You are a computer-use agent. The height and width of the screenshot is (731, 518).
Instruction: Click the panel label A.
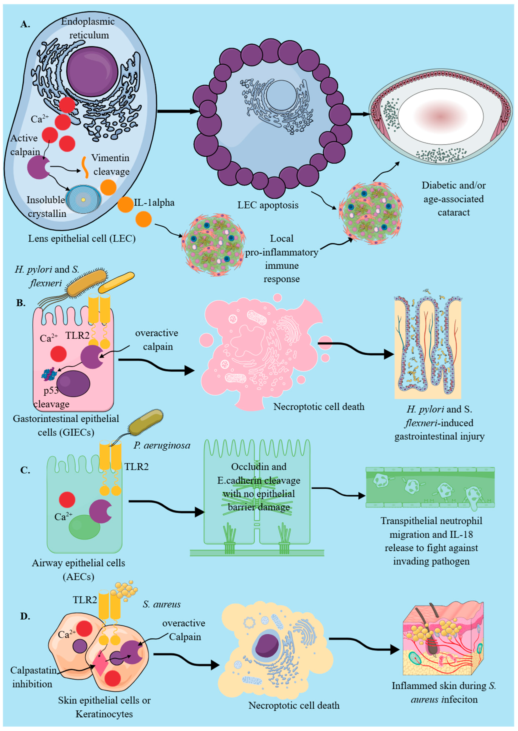[25, 24]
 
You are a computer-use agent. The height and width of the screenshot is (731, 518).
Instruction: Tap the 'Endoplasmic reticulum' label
[88, 28]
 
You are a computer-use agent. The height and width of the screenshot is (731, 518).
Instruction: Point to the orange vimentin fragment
[85, 167]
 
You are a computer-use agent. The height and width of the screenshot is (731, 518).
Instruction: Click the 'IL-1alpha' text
[154, 202]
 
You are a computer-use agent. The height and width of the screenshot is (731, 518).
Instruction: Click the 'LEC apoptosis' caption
[268, 205]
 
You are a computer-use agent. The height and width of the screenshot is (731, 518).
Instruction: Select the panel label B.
[21, 303]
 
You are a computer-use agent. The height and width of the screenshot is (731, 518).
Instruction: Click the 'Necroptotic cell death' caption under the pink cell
[319, 407]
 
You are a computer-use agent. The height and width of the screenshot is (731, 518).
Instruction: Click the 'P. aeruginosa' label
[162, 446]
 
